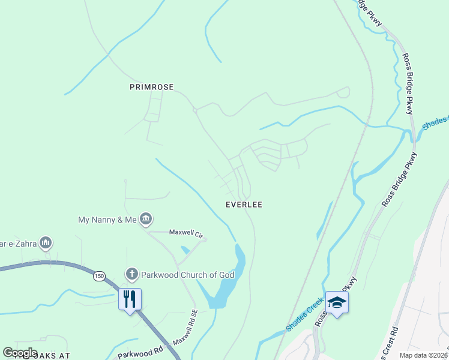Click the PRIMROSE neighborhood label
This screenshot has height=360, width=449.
point(151,87)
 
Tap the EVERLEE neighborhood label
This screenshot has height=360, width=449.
point(244,205)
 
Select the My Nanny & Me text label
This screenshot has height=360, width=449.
point(107,220)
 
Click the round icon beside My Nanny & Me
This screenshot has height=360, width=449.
point(145,220)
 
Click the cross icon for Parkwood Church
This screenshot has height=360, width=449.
point(132,275)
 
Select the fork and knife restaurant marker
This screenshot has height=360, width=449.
point(130,298)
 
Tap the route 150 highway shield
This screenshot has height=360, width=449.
point(99,276)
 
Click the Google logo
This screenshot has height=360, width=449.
point(20,353)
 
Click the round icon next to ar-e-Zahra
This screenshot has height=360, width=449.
point(46,243)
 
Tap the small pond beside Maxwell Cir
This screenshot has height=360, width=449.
point(185,249)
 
